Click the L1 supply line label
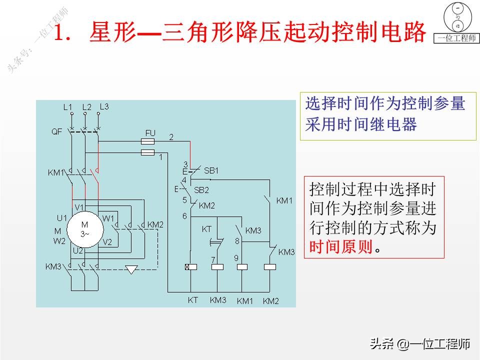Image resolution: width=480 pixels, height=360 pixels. click(67, 107)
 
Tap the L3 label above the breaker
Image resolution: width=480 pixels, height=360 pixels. click(104, 106)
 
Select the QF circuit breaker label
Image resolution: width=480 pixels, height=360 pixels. click(56, 132)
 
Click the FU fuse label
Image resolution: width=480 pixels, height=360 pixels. click(150, 133)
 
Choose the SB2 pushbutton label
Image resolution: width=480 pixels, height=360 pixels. click(201, 190)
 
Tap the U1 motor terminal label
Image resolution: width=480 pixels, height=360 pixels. click(61, 218)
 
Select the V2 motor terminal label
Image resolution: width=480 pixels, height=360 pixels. click(107, 242)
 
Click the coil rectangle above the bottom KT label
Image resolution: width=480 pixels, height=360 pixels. click(191, 267)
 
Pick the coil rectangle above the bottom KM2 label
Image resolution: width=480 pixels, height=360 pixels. click(269, 267)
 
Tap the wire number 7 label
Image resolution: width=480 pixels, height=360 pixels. click(213, 259)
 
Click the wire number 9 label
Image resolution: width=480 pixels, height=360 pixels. click(236, 258)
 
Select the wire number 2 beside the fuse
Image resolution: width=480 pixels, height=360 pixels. click(171, 136)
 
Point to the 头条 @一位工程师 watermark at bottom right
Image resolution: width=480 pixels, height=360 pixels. click(420, 344)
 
